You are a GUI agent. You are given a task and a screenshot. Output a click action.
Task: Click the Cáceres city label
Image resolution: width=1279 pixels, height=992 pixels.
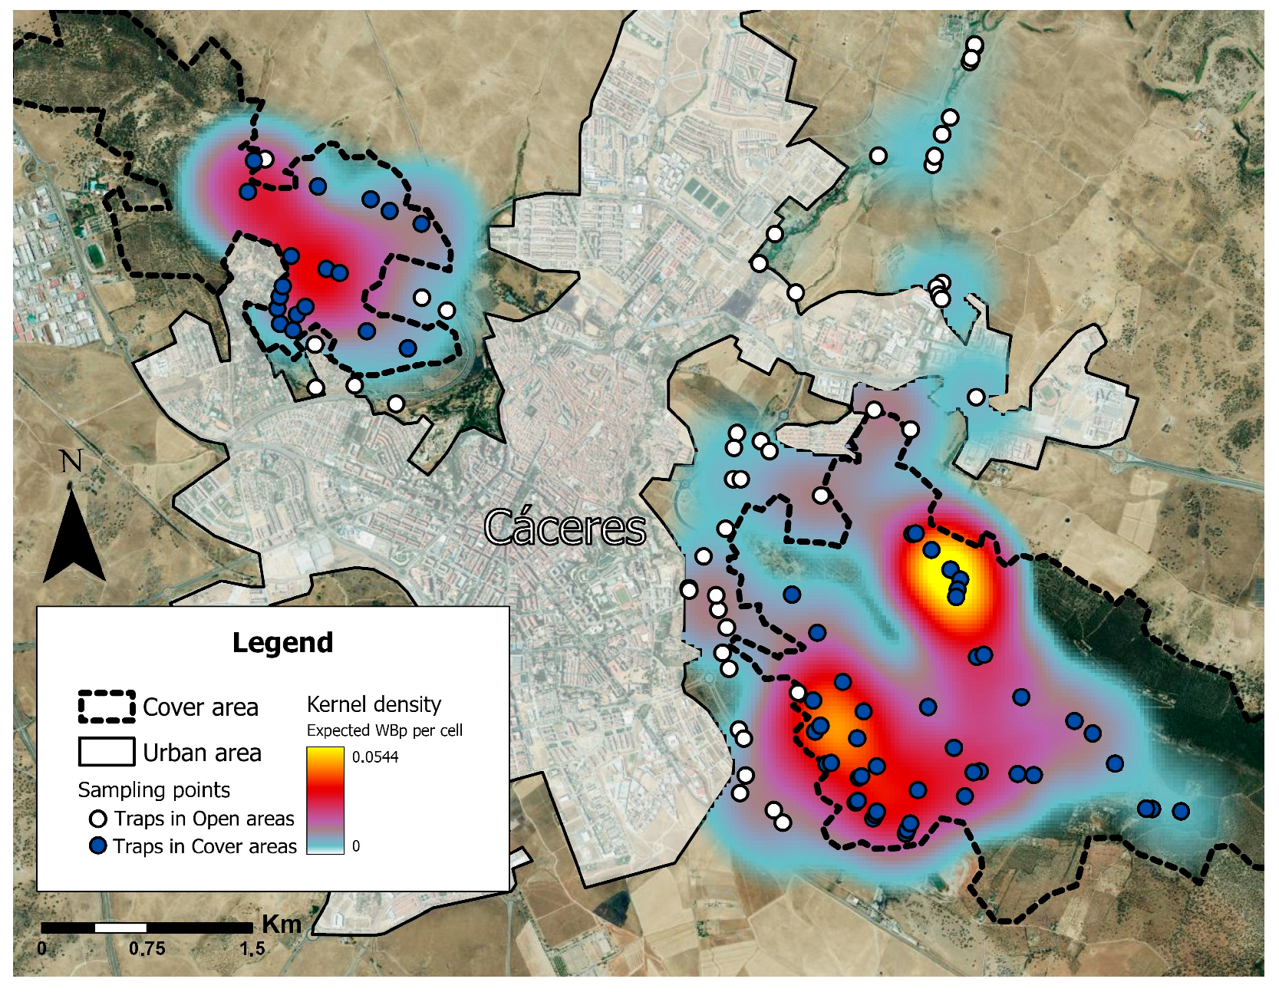point(565,529)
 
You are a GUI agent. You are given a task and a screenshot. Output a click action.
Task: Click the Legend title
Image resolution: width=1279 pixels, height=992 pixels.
point(282,643)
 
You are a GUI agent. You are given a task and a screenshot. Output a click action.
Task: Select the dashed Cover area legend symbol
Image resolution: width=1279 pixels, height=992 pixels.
point(107,707)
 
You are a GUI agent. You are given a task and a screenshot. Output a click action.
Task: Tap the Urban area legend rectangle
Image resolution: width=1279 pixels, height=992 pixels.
point(107,752)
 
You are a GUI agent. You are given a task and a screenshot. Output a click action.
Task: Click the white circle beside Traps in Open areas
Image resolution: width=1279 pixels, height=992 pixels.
point(97,819)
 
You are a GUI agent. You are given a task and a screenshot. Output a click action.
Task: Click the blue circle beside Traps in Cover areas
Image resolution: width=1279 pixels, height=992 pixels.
point(97,846)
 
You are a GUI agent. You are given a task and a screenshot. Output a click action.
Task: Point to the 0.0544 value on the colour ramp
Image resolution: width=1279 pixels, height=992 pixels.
point(375,757)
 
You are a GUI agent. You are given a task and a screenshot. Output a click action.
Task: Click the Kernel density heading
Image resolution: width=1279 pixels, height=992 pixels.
point(374,704)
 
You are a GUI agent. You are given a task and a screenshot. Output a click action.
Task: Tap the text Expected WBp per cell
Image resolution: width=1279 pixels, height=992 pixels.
point(384,730)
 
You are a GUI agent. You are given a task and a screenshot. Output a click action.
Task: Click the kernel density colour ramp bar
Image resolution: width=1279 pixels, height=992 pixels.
point(325,800)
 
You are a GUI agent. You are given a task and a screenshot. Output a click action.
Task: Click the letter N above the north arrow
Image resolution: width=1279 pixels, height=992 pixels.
point(71,462)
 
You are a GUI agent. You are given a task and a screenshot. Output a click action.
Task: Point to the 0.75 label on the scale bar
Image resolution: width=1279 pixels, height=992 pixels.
point(147,949)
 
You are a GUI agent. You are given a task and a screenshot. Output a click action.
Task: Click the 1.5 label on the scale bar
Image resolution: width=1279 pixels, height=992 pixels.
point(252,949)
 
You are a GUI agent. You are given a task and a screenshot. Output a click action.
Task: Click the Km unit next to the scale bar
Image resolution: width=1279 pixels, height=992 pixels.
point(282,925)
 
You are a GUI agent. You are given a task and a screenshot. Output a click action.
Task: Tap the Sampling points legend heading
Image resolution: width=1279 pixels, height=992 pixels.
point(153,790)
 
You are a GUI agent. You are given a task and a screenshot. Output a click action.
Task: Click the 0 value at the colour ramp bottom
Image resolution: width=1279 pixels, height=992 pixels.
point(356,846)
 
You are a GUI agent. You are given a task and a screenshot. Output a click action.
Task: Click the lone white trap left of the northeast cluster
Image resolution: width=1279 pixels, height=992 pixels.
point(878,156)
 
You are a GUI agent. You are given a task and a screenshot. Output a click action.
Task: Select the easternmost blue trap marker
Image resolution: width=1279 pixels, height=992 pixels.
point(1181,811)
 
